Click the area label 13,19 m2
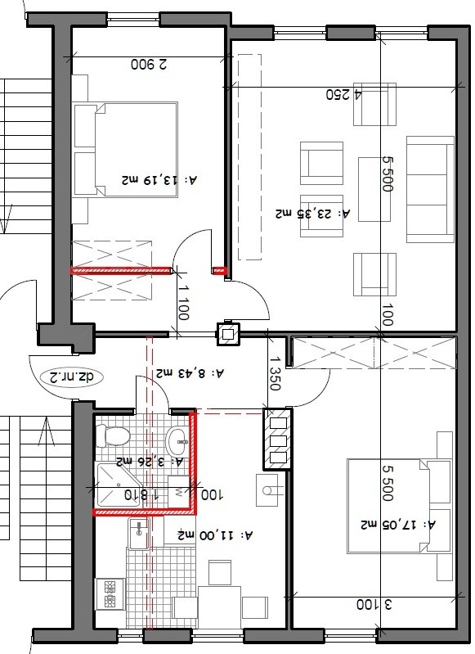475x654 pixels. tap(159, 180)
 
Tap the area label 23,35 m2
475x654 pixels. tap(312, 214)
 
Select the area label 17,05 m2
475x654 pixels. tap(398, 524)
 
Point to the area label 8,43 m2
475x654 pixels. tap(190, 372)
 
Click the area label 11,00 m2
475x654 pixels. tap(215, 534)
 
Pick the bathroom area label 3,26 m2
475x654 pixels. tap(150, 462)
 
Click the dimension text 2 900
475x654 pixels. tap(149, 64)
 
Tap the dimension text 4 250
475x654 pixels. tap(343, 94)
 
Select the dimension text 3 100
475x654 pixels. tap(374, 604)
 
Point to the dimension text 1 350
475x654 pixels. tap(274, 373)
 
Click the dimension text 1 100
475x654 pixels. tap(183, 302)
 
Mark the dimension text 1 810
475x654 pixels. tap(141, 495)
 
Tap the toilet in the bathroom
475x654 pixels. tap(113, 435)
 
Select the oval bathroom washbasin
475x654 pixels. tap(179, 440)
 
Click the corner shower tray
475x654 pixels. tap(119, 485)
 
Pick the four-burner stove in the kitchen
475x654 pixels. tap(110, 594)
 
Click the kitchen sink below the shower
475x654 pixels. tap(138, 534)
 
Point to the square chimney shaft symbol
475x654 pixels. tap(228, 334)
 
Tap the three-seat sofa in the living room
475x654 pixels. tap(430, 189)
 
